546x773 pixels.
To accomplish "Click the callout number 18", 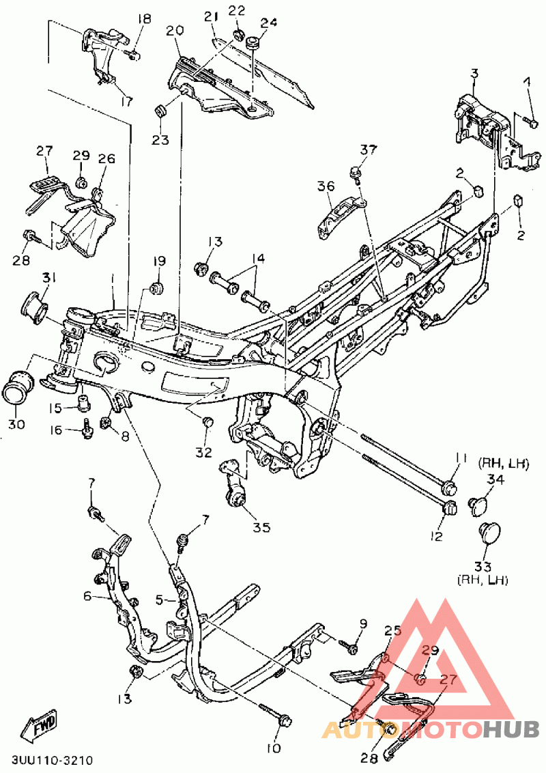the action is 145,20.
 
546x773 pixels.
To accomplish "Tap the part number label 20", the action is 175,31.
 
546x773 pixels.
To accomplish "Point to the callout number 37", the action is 368,150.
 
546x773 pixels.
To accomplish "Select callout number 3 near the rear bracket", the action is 474,74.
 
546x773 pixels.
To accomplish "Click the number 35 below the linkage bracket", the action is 262,527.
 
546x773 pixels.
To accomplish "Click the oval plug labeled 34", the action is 476,506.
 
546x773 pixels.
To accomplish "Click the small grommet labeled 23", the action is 160,111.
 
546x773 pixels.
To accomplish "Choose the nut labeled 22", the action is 238,35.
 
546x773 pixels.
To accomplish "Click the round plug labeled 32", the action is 207,421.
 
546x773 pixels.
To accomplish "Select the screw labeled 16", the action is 87,429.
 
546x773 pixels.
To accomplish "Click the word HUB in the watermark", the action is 511,730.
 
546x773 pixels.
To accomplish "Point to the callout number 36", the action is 326,187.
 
